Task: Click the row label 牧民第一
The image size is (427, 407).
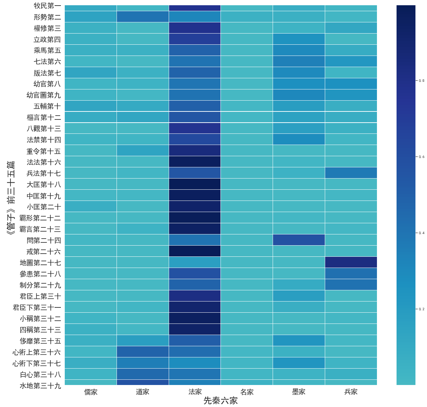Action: click(x=47, y=6)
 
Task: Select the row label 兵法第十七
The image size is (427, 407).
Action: click(x=44, y=173)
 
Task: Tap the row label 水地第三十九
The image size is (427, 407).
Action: click(x=40, y=386)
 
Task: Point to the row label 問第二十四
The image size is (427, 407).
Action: click(x=44, y=240)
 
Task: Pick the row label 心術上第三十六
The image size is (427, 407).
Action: click(x=37, y=352)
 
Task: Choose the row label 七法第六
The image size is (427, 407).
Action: click(x=47, y=61)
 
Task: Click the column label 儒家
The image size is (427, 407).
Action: click(x=91, y=392)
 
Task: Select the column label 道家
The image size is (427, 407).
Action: click(x=142, y=392)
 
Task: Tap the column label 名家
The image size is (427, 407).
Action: click(x=247, y=392)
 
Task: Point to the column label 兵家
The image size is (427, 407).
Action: click(x=351, y=392)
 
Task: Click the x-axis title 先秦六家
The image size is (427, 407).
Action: click(x=220, y=401)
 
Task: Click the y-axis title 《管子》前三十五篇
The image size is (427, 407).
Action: click(x=11, y=198)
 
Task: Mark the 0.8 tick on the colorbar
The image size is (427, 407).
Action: click(x=421, y=81)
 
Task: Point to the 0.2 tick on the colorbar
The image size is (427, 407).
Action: click(x=421, y=309)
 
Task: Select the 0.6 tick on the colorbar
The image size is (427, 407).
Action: click(x=421, y=157)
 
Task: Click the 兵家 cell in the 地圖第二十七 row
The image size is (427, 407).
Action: click(x=351, y=262)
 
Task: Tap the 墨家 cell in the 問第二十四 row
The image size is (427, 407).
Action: click(x=299, y=240)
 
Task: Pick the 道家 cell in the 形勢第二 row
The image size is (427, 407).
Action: click(x=142, y=16)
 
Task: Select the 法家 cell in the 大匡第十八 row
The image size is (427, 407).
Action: click(x=195, y=184)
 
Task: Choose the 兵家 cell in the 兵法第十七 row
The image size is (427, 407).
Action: click(x=351, y=173)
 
